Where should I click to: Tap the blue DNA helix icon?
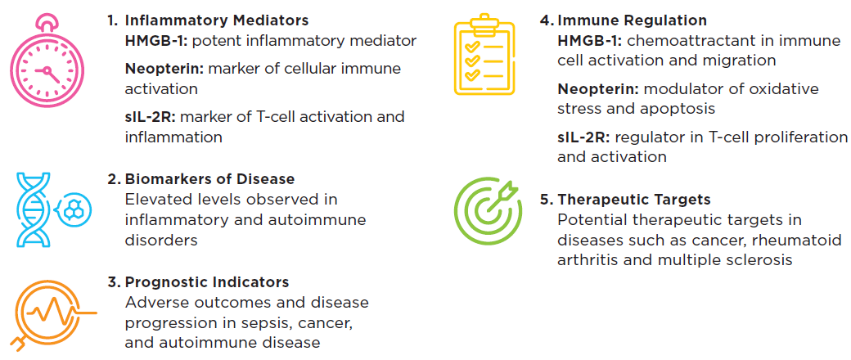(x=48, y=209)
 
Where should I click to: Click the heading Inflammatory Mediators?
(x=216, y=20)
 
